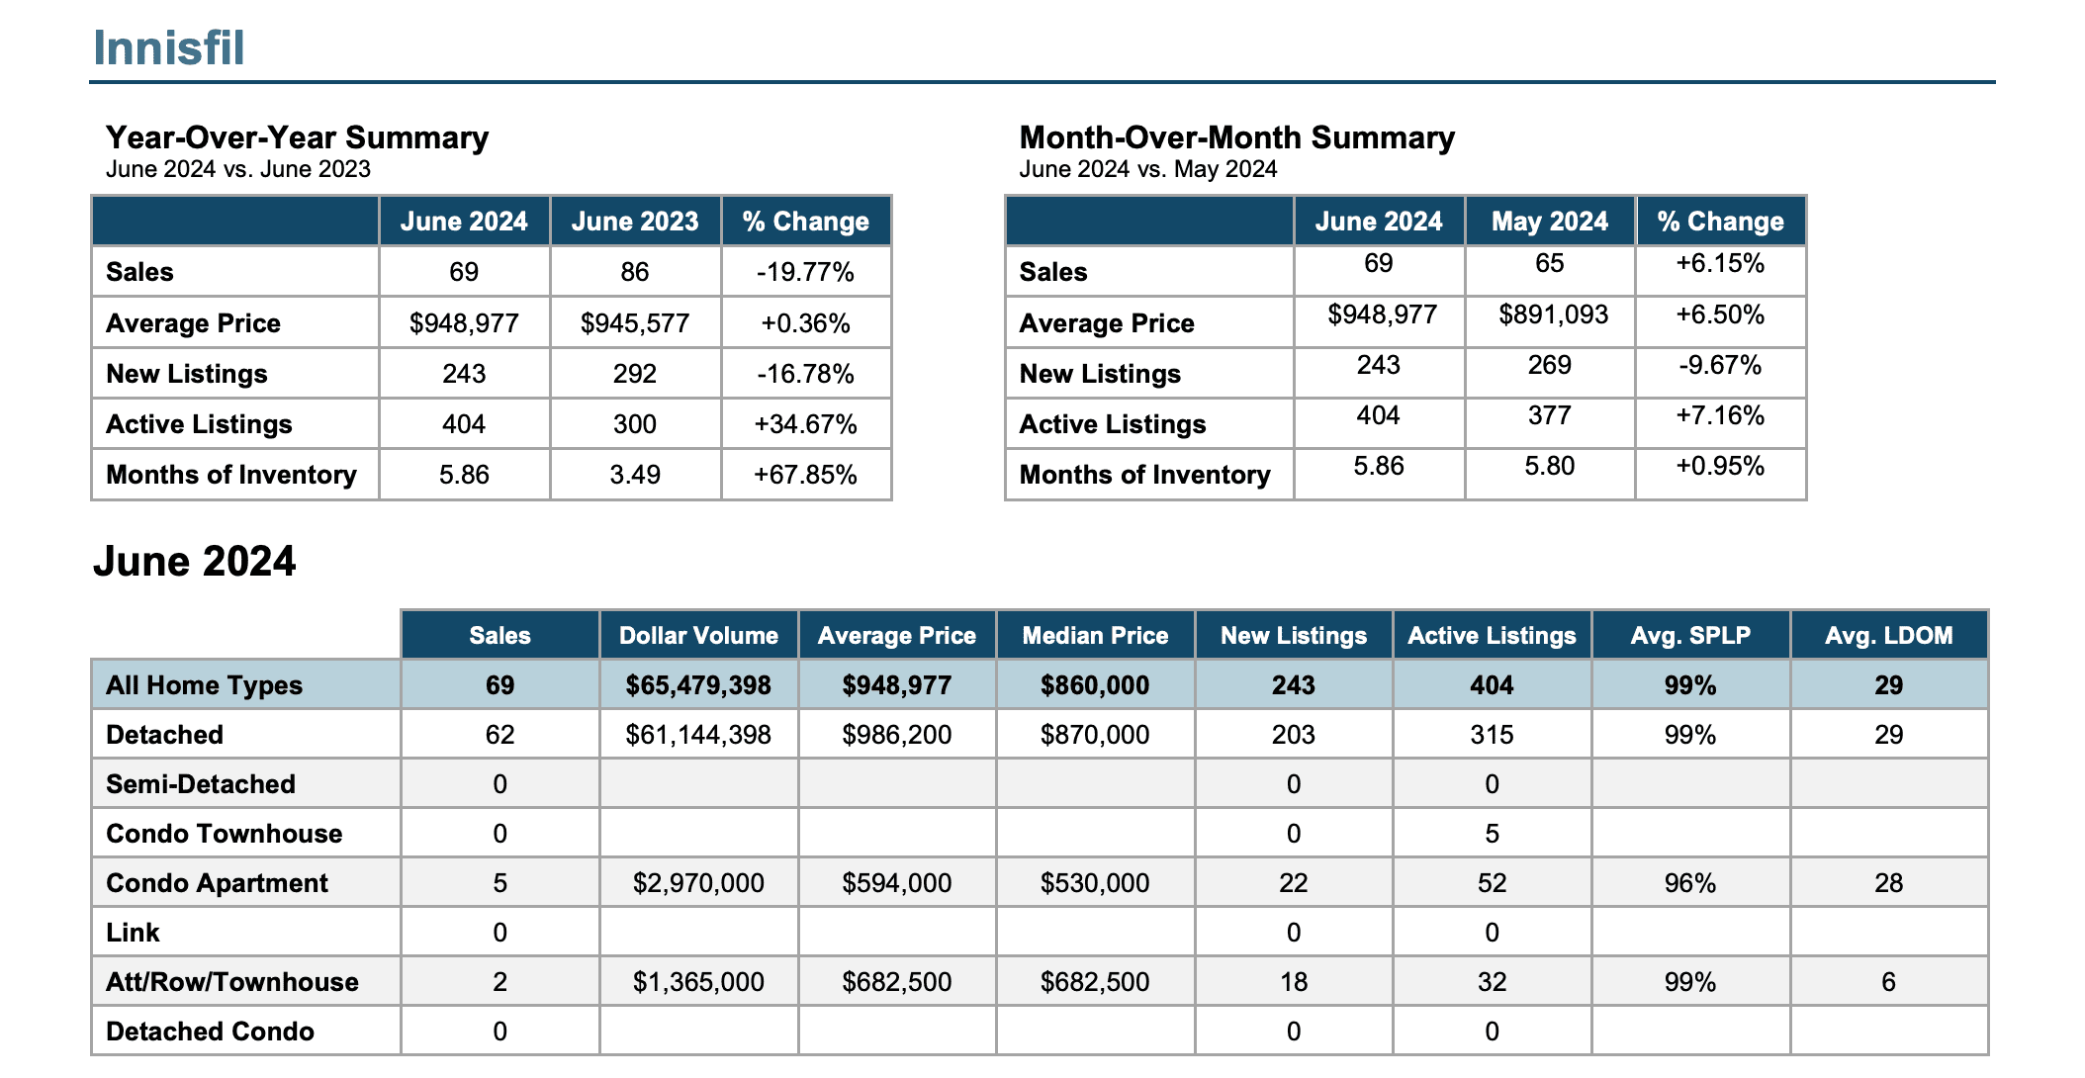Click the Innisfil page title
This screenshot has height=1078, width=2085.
click(169, 47)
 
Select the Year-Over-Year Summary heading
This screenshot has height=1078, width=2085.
click(297, 136)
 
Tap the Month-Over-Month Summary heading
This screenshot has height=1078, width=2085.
click(1236, 136)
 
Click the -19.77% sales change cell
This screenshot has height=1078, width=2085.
click(805, 272)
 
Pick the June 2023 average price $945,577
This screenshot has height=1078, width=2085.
click(635, 323)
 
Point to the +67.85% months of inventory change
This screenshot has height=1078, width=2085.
click(805, 475)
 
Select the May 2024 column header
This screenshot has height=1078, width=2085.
click(1550, 221)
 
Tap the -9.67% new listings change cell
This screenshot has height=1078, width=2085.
click(1720, 365)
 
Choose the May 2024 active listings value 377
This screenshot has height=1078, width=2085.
click(1550, 415)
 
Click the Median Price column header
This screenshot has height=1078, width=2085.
click(1095, 635)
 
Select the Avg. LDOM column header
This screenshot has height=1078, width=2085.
click(1888, 635)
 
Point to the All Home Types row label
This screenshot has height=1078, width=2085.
click(204, 684)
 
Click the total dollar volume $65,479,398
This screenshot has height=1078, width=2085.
click(698, 684)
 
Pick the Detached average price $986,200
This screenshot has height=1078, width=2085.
click(897, 734)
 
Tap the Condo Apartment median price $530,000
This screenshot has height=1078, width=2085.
click(1095, 882)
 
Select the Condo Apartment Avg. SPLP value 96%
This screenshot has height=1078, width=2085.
click(1690, 882)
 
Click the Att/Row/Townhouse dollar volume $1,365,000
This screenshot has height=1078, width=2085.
click(698, 981)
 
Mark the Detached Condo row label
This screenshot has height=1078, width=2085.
click(210, 1031)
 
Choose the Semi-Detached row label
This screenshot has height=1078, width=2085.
click(201, 783)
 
